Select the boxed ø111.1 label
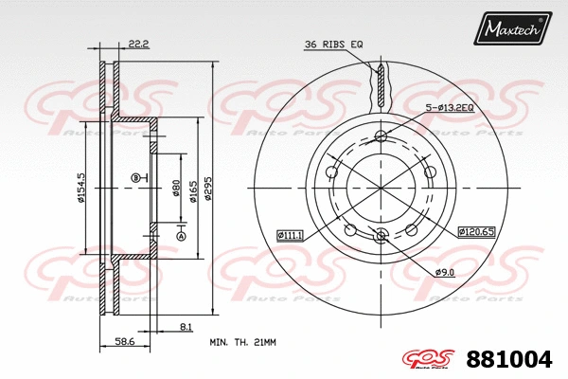point(290,234)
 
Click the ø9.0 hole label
point(446,273)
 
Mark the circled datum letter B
point(135,177)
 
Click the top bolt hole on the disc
point(381,135)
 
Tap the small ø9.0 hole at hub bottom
point(381,236)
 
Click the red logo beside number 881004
point(432,359)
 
